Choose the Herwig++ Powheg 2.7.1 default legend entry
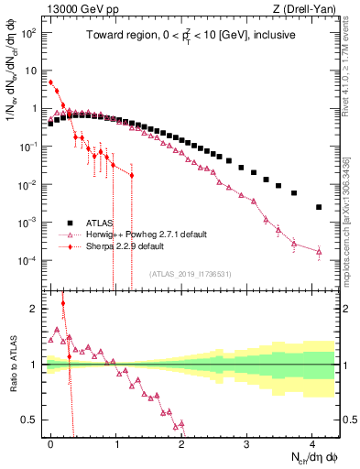(x=137, y=234)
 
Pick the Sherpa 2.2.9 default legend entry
(x=125, y=246)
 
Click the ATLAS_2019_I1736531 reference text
(x=190, y=274)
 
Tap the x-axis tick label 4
(x=312, y=441)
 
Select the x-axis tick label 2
(x=181, y=441)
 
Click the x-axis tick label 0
(x=50, y=441)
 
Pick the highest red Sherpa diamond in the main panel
(x=50, y=82)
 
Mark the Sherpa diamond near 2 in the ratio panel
(x=63, y=303)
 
